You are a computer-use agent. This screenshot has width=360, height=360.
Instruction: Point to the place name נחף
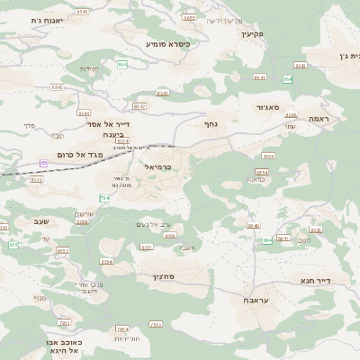211,123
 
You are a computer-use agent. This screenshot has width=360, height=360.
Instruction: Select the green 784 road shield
104,197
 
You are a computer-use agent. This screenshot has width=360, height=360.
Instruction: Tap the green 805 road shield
13,245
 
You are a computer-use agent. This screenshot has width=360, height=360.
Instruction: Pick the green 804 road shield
267,240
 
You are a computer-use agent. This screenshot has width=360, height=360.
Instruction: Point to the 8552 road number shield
62,251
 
